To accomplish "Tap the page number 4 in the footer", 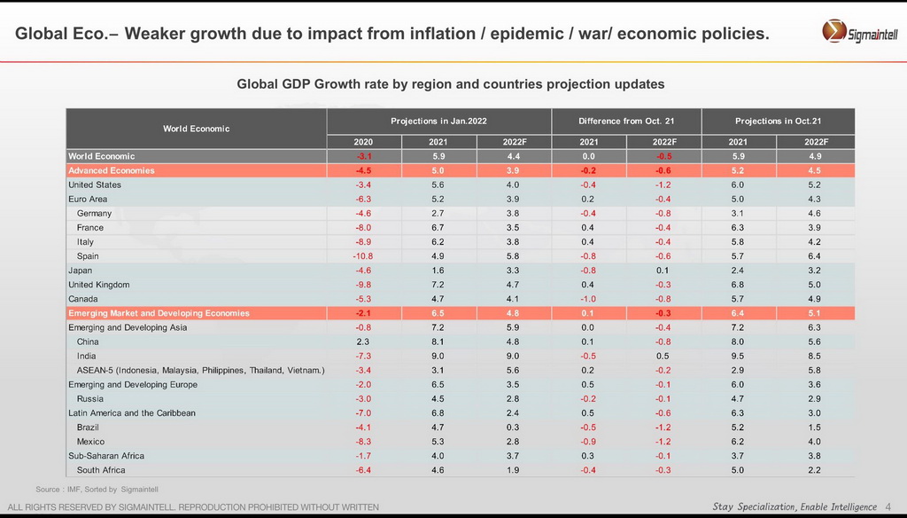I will (888, 506).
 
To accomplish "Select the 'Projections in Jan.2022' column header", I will (438, 121).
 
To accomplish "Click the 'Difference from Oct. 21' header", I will (626, 121).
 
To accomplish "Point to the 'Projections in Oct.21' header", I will (778, 121).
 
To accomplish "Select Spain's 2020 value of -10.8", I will (363, 256).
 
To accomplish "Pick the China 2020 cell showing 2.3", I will (363, 341).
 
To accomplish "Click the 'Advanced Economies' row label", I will (112, 170).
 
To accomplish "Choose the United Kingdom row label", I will (99, 285).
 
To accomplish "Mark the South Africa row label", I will (101, 470).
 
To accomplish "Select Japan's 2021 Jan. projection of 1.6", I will (438, 271).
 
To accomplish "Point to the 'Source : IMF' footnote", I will (97, 490).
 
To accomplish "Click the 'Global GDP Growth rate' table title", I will (450, 84).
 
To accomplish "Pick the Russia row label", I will (90, 399).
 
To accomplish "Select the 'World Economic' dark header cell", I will (196, 129).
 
